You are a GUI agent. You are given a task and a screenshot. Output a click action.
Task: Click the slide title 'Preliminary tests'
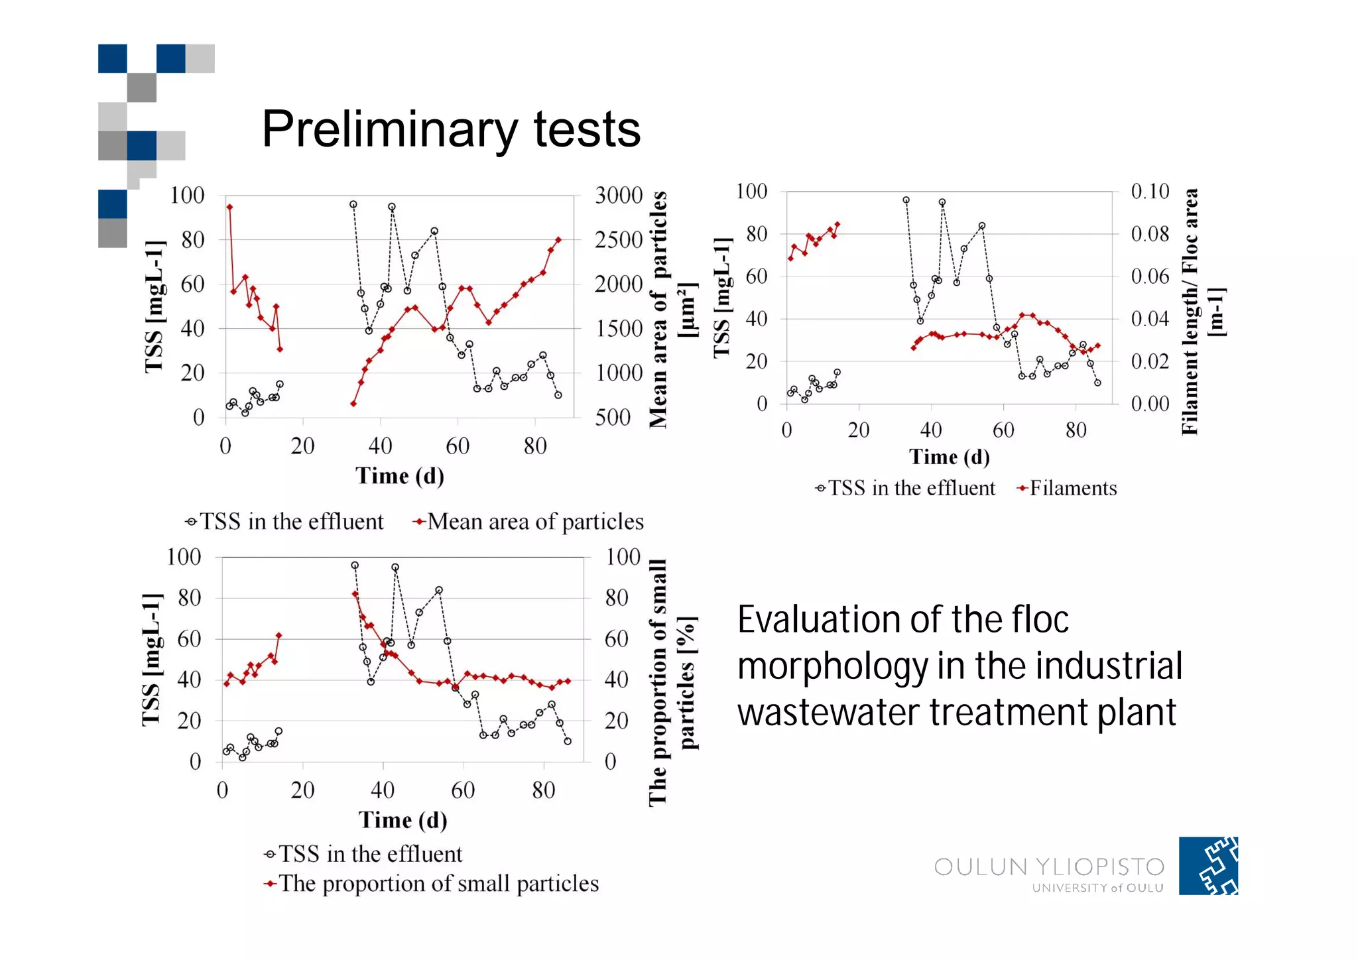[451, 129]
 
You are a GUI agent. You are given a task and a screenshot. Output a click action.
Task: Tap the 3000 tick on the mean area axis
[618, 196]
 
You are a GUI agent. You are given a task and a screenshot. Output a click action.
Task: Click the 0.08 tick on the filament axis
[1150, 234]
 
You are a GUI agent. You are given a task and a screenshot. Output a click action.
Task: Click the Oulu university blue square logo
[1207, 866]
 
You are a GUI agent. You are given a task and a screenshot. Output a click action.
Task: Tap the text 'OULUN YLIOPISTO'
[1049, 867]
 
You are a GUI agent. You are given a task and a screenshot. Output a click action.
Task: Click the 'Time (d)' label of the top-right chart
[949, 457]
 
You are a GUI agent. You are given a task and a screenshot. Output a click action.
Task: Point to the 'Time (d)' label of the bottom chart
[402, 820]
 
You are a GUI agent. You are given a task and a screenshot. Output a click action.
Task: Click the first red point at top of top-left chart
[229, 207]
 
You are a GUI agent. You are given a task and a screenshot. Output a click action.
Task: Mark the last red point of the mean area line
[558, 240]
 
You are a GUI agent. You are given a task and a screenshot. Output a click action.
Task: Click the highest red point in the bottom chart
[355, 594]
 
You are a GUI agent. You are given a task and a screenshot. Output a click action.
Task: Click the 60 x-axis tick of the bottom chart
[462, 790]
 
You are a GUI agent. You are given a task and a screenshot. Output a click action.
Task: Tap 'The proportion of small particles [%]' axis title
[671, 683]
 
